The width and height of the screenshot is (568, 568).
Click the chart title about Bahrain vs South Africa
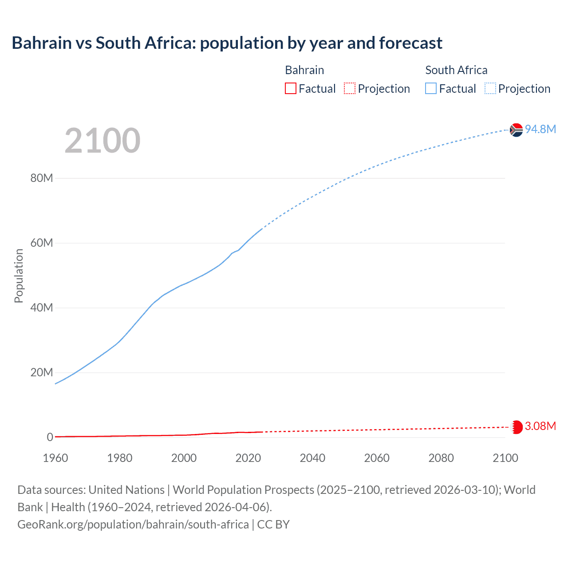point(227,43)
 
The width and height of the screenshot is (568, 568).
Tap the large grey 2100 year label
point(103,141)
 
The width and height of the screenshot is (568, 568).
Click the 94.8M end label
point(540,129)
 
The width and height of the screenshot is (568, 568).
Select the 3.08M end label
point(540,426)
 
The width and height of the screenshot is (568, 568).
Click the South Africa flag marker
point(516,130)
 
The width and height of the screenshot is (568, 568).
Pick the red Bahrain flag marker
point(516,427)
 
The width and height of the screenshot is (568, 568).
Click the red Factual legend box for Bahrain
point(290,89)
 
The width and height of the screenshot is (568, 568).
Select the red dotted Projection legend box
point(350,89)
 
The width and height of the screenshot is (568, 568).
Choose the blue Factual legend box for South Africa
point(430,89)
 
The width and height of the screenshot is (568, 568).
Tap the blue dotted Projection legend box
point(490,89)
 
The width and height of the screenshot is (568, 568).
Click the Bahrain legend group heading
point(304,70)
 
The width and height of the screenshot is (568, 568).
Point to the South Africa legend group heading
point(456,70)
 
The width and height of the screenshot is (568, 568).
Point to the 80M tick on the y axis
point(42,178)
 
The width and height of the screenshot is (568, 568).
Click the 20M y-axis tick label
point(42,373)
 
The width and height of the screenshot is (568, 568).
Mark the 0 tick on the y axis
point(50,438)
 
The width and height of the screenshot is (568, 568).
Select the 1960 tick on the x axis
point(55,458)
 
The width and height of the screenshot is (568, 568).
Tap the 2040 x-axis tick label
point(312,458)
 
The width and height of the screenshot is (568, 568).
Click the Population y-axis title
point(19,276)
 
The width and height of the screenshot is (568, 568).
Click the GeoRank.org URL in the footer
point(133,525)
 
